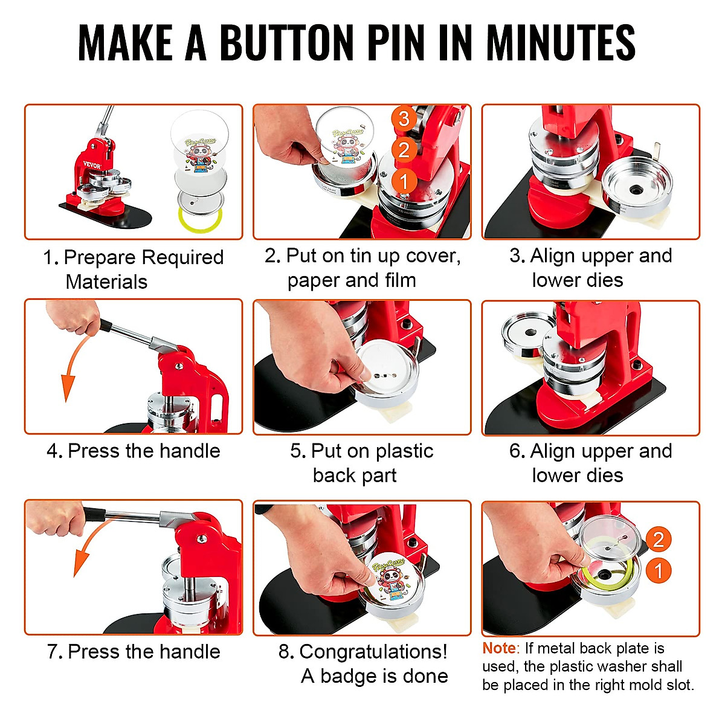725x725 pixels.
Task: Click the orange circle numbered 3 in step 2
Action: tap(404, 118)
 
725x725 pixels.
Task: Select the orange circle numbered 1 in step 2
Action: tap(404, 180)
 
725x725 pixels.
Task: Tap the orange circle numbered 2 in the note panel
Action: tap(659, 538)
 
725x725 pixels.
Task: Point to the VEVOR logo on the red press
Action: tap(92, 165)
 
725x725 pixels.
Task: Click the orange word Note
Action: tap(499, 648)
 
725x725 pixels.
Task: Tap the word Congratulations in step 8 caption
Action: tap(373, 652)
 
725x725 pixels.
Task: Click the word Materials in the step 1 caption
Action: tap(106, 282)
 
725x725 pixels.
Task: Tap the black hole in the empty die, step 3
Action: tap(636, 189)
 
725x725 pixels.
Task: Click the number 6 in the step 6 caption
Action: tap(515, 451)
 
